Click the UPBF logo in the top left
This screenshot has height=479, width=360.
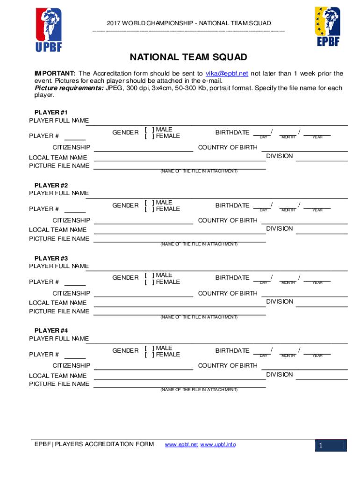[48, 29]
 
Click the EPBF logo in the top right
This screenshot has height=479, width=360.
[327, 27]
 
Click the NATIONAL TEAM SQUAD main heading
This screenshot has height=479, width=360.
[188, 58]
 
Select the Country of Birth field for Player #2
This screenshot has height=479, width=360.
[304, 221]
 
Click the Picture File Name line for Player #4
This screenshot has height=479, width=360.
[180, 385]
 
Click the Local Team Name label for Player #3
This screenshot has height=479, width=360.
[58, 303]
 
